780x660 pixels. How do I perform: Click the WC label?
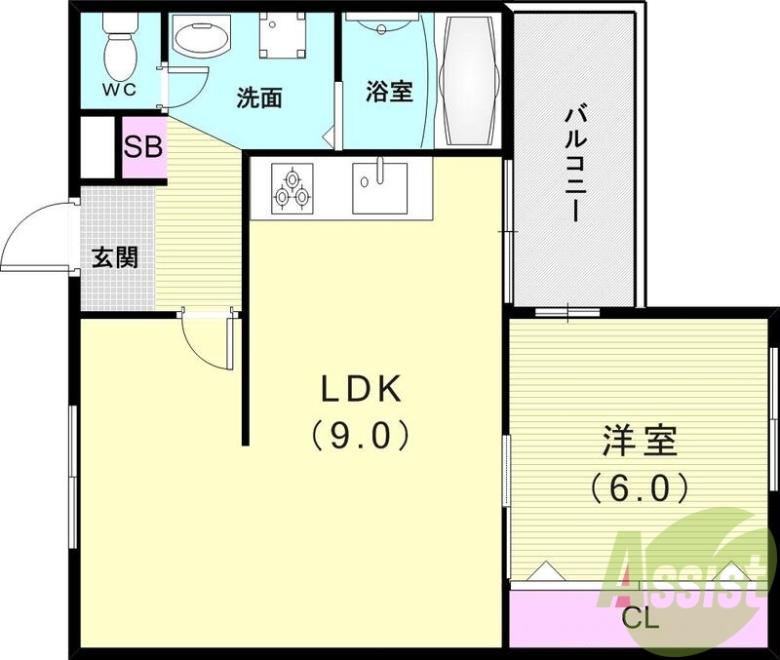click(122, 89)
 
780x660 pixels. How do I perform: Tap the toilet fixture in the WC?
click(120, 45)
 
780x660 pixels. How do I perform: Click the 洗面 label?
click(260, 97)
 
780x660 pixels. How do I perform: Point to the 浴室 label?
click(389, 92)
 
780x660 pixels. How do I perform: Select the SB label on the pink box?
click(143, 149)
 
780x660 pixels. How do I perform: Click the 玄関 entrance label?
click(115, 257)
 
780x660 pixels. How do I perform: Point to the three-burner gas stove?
click(293, 187)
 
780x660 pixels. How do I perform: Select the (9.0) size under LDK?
click(360, 435)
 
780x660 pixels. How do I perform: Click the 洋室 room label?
click(639, 442)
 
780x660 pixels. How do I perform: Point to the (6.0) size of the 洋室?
click(639, 486)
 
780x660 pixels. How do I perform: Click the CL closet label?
click(641, 618)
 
